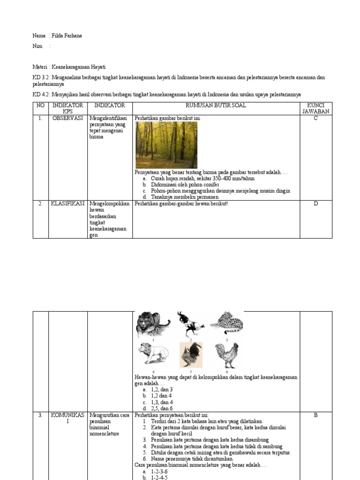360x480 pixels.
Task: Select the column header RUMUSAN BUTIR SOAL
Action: click(x=216, y=105)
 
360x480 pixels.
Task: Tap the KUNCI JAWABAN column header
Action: click(x=315, y=108)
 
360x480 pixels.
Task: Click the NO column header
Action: click(x=40, y=105)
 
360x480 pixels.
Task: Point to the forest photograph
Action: click(x=166, y=145)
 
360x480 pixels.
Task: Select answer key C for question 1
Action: click(x=315, y=119)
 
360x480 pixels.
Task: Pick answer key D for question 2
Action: click(x=315, y=204)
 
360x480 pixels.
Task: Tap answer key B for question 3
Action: click(x=315, y=415)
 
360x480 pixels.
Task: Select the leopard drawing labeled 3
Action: click(x=226, y=323)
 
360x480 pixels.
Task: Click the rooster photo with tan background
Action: click(x=191, y=355)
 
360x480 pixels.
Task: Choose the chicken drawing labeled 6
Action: click(x=227, y=355)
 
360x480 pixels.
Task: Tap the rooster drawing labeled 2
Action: click(x=190, y=323)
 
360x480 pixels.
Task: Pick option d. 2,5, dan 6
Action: click(x=162, y=408)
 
